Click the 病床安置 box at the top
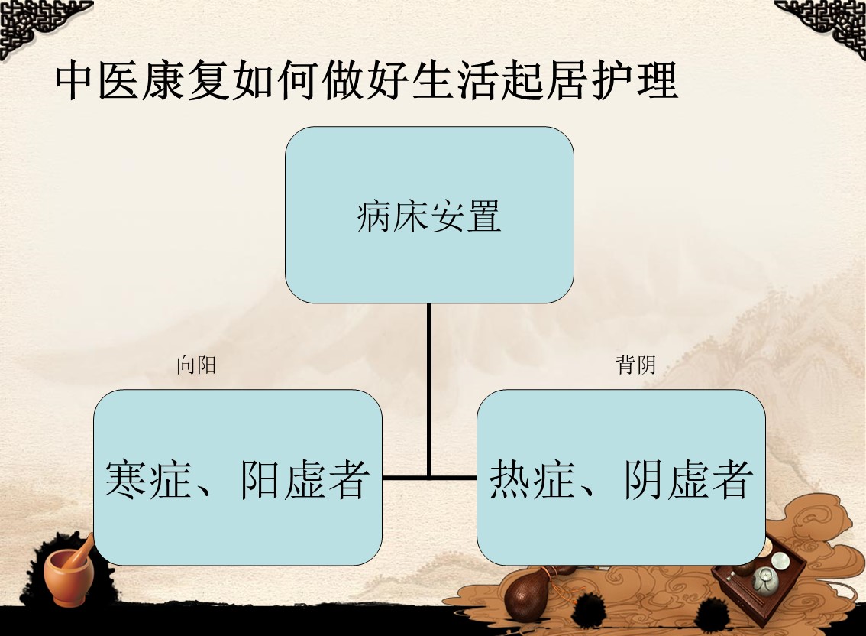(429, 215)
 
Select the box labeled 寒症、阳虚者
(238, 477)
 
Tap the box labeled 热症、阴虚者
(621, 477)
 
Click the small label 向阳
(196, 365)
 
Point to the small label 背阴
(635, 365)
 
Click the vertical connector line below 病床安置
(429, 391)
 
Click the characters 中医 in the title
(97, 81)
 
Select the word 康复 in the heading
(186, 81)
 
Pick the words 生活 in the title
(456, 81)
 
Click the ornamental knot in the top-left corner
(39, 25)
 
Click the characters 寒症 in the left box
(147, 479)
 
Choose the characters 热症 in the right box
(532, 479)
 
